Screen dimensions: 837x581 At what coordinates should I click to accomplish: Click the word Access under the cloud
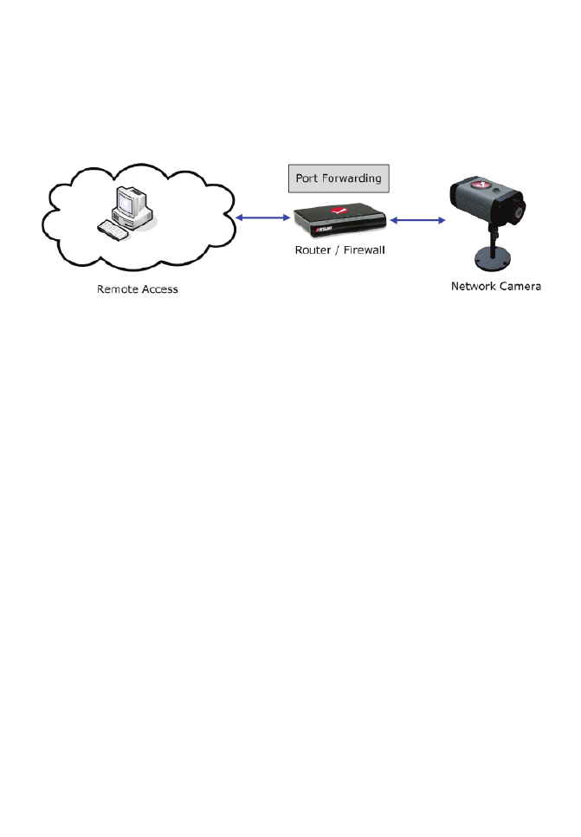tap(159, 289)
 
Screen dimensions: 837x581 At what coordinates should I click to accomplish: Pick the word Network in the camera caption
tap(474, 285)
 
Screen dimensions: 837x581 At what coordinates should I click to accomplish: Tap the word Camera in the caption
tap(521, 285)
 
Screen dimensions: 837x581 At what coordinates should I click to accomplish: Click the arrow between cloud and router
tap(261, 218)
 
